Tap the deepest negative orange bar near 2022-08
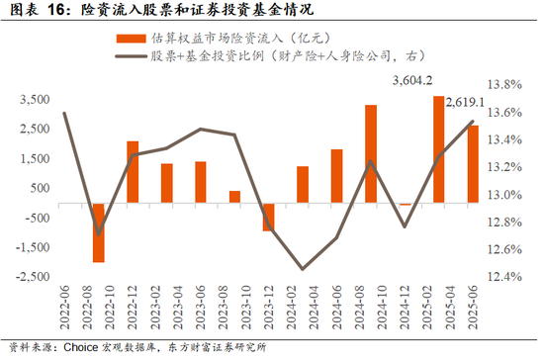99,232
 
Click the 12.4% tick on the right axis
504,276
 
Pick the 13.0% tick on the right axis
504,195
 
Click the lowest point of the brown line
303,269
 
